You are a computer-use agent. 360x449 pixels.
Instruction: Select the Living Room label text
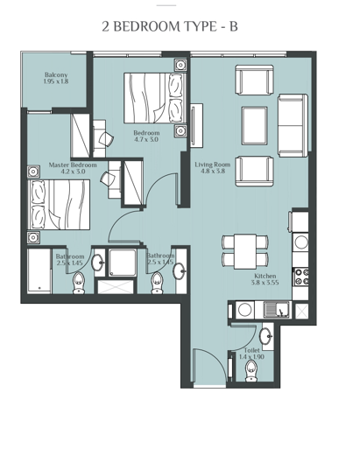pos(212,166)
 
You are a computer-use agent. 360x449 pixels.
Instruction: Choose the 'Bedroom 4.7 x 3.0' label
pos(146,136)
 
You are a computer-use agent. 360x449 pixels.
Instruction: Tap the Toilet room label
pos(251,353)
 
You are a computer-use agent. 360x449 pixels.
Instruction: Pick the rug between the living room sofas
pos(254,122)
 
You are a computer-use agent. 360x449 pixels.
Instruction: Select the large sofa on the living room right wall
pos(292,122)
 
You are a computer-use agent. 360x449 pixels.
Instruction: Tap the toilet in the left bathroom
pos(79,280)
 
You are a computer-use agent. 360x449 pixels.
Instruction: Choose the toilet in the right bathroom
pos(158,280)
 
